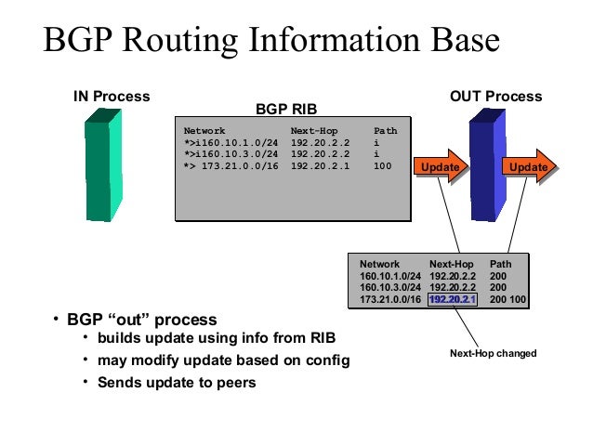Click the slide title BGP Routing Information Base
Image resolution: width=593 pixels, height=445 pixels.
coord(271,41)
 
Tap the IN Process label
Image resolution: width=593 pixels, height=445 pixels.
coord(112,97)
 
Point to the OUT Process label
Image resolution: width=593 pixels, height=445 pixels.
coord(495,97)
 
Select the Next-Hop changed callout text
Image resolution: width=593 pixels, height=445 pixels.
coord(494,353)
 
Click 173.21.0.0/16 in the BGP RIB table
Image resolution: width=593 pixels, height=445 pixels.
coord(232,167)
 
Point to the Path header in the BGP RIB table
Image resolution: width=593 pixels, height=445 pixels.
coord(385,131)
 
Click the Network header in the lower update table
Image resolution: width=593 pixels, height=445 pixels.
coord(379,264)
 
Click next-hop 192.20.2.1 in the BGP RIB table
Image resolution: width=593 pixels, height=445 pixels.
coord(321,167)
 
